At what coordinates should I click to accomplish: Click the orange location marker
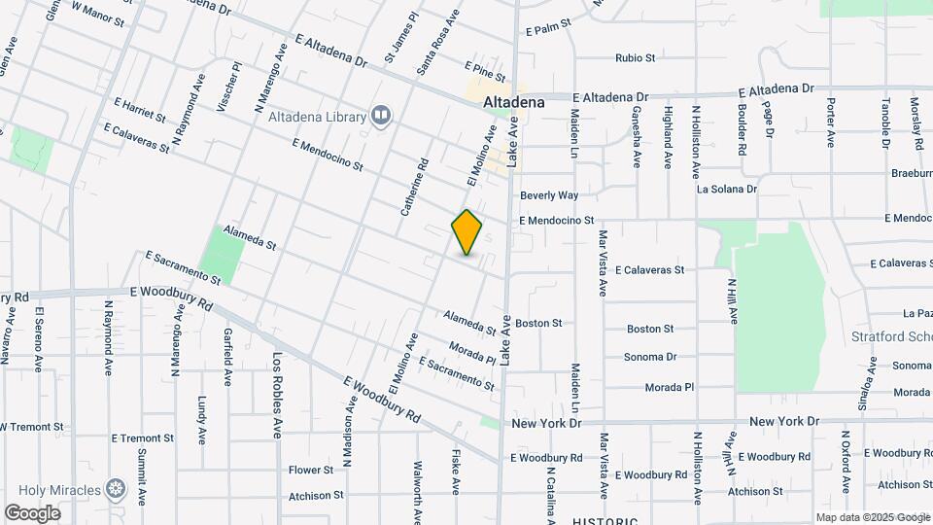point(467,232)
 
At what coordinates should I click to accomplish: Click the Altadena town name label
point(514,100)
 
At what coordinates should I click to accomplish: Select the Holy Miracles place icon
point(117,487)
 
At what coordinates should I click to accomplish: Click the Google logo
point(32,513)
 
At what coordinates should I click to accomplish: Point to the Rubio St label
point(635,57)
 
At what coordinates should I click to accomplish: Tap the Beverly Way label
point(548,195)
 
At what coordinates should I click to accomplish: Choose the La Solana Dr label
point(726,189)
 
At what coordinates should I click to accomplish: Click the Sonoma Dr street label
point(649,357)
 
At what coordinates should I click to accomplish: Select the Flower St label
point(311,470)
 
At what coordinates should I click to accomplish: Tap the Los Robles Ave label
point(277,394)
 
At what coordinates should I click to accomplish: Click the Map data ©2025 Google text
point(872,517)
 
